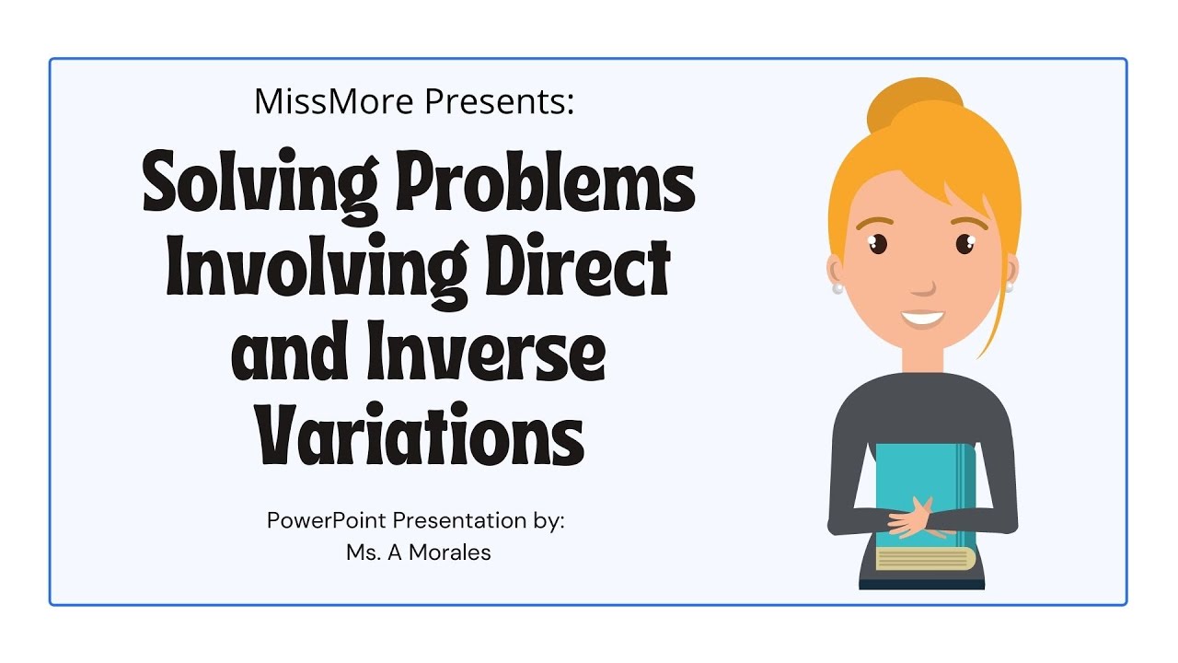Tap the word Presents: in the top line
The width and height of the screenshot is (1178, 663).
click(498, 102)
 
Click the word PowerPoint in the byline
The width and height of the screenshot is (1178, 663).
click(327, 520)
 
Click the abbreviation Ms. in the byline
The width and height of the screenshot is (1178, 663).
click(359, 553)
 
